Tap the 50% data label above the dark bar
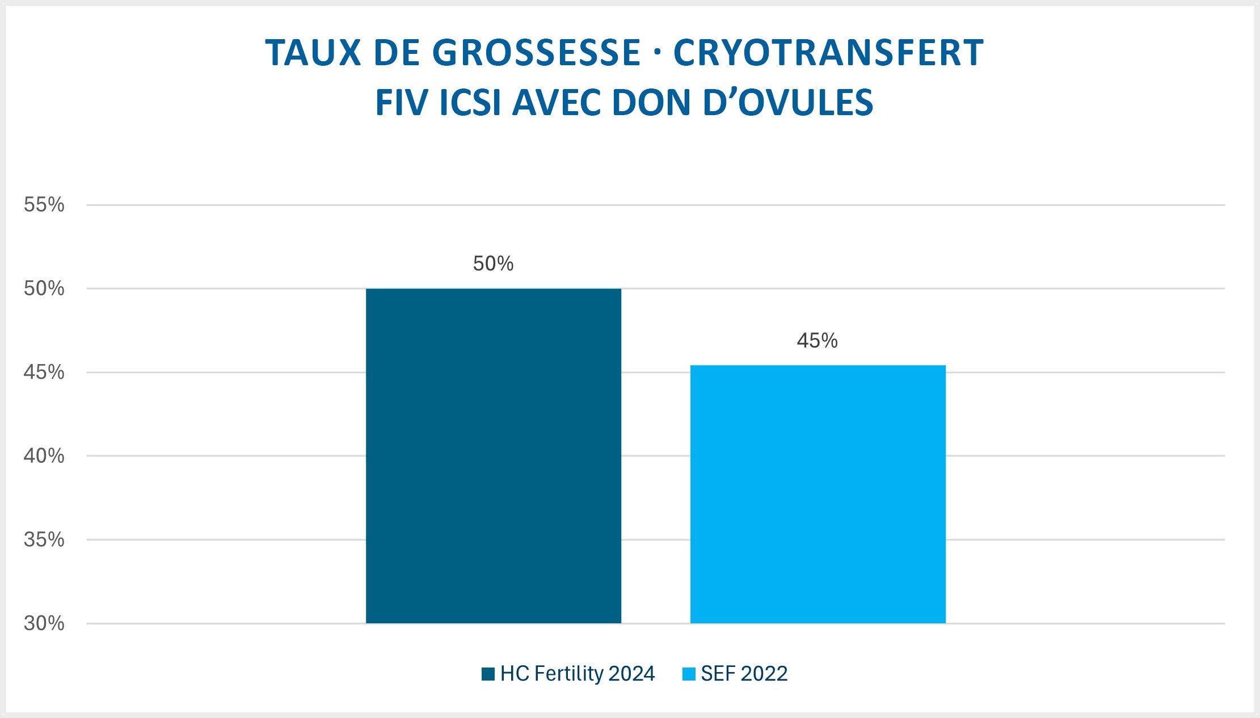493,264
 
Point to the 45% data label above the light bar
817,341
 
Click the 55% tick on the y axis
44,205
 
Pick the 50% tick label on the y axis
44,289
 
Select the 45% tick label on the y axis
44,373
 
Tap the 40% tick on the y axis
44,456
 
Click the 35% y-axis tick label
44,540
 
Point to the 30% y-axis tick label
44,623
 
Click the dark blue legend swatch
488,674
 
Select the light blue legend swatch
689,674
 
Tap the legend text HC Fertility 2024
578,674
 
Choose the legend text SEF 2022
744,674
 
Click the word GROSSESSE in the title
536,53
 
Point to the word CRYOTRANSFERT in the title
828,53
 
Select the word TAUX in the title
313,53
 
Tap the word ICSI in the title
470,103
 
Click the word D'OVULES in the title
788,103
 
